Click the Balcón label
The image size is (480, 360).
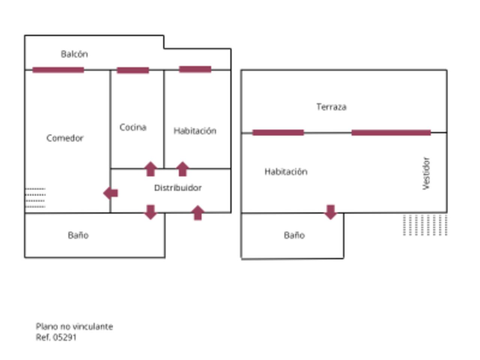74,54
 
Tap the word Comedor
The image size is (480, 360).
65,138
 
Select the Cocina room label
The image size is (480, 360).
133,127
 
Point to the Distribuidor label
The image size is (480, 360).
178,187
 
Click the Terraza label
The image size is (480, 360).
331,107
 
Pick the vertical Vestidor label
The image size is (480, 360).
426,173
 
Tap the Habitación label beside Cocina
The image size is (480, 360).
195,131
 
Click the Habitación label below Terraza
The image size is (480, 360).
286,172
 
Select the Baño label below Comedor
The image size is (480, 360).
78,235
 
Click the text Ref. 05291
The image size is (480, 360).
56,337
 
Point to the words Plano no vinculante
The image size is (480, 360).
74,326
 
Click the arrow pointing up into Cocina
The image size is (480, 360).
150,169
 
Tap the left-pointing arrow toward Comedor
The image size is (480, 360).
111,193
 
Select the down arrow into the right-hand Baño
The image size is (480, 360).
330,212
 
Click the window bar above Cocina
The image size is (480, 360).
133,70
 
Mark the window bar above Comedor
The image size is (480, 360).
58,70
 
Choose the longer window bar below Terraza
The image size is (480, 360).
391,132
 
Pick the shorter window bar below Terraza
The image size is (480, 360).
278,132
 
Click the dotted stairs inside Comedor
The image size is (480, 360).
35,198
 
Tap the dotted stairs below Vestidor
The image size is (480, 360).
425,225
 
